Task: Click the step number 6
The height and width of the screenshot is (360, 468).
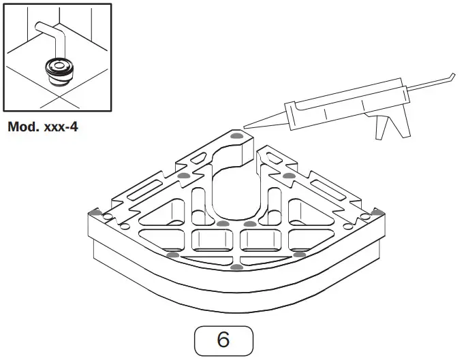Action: [223, 340]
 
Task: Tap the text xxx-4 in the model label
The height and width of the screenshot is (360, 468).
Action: [59, 127]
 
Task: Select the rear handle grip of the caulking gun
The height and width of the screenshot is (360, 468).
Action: [400, 122]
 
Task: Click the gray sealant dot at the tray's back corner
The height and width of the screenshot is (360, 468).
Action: [236, 136]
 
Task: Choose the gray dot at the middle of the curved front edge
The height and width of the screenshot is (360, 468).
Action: [236, 267]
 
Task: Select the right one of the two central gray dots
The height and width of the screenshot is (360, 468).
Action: [250, 224]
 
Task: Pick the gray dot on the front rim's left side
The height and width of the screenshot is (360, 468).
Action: [173, 255]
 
